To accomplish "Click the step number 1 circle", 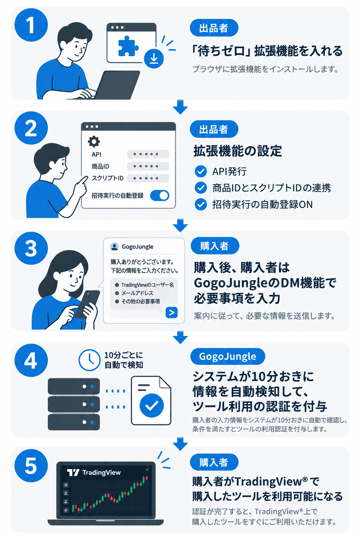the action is (31, 25).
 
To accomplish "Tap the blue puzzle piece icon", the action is (128, 46).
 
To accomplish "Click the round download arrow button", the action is (154, 59).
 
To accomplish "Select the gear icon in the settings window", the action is (94, 142).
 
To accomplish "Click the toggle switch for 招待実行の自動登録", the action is (160, 195).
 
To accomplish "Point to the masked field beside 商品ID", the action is (148, 166).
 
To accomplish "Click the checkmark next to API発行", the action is (201, 172).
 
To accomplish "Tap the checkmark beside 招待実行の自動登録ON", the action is (201, 204).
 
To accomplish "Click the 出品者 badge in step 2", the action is (214, 129).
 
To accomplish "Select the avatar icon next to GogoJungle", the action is (114, 246).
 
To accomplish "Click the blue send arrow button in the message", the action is (172, 313).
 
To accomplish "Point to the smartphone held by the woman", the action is (87, 304).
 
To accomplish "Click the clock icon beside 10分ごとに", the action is (89, 360).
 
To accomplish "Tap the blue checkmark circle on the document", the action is (152, 405).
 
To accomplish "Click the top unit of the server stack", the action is (74, 386).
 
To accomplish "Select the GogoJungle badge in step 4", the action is (227, 356).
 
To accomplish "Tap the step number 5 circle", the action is (31, 465).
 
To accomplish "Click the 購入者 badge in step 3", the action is (214, 246).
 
